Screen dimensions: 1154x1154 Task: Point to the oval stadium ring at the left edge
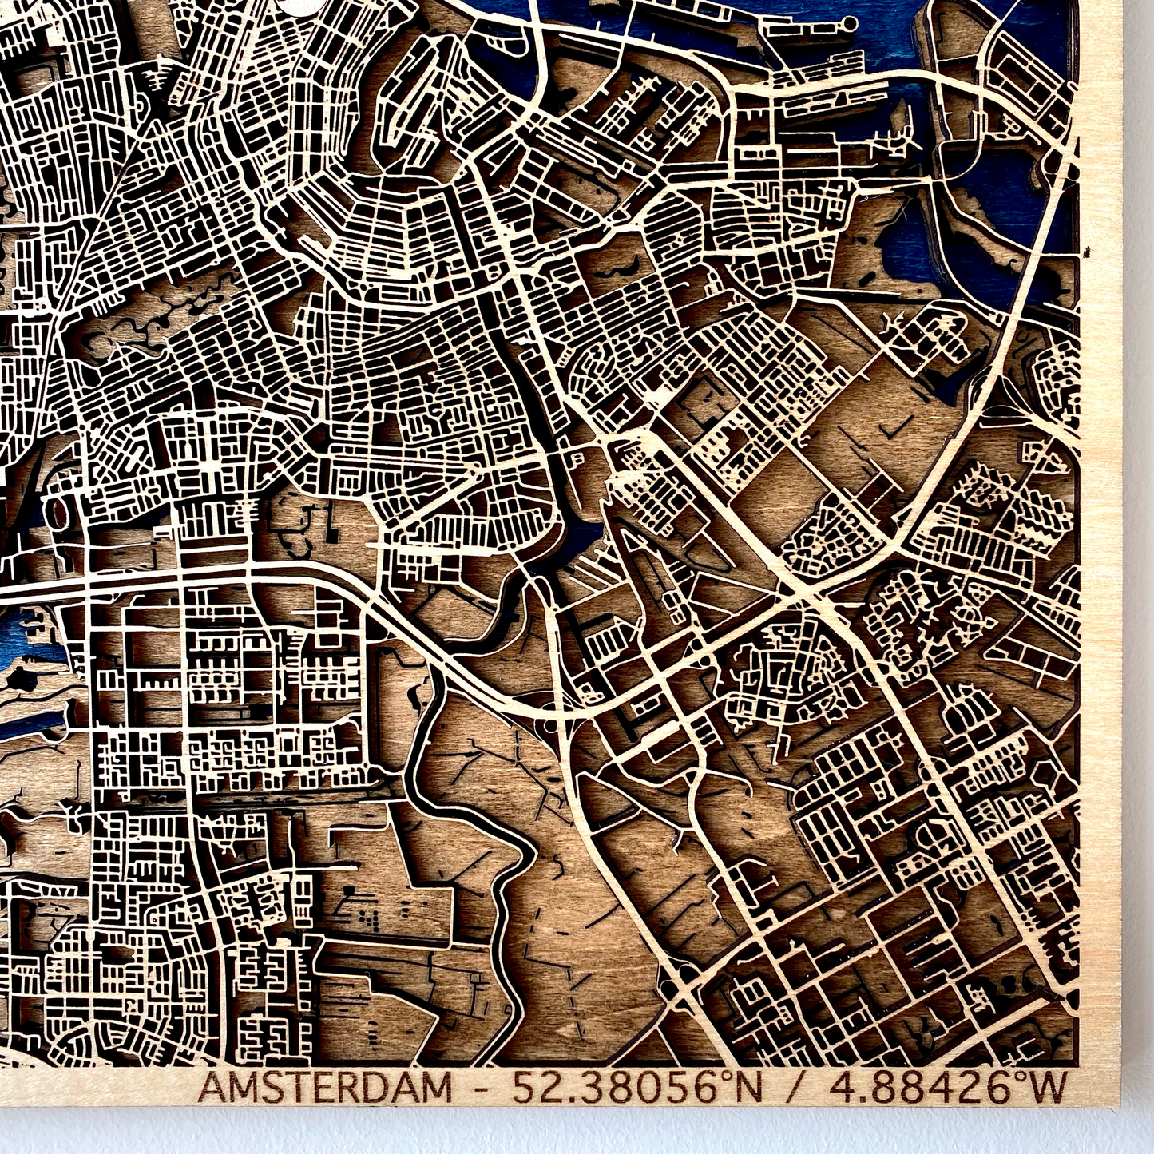pos(60,515)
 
